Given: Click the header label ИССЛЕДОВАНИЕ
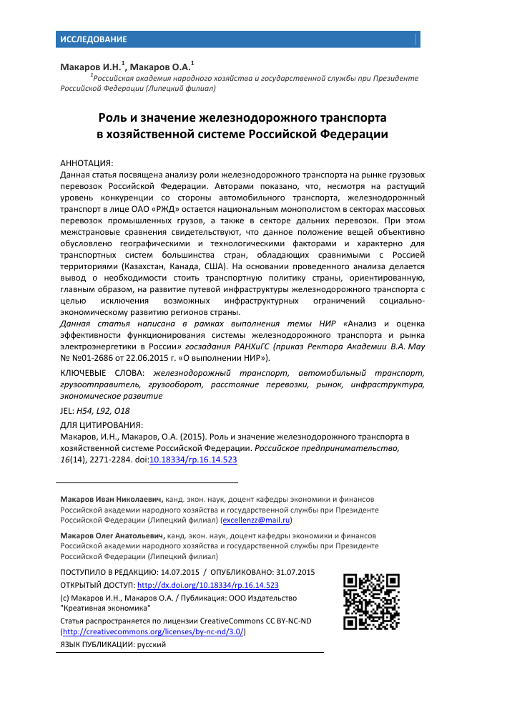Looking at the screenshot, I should tap(94, 39).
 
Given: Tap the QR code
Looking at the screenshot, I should tap(371, 602).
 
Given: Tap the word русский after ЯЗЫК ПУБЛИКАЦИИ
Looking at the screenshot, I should tap(152, 645).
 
